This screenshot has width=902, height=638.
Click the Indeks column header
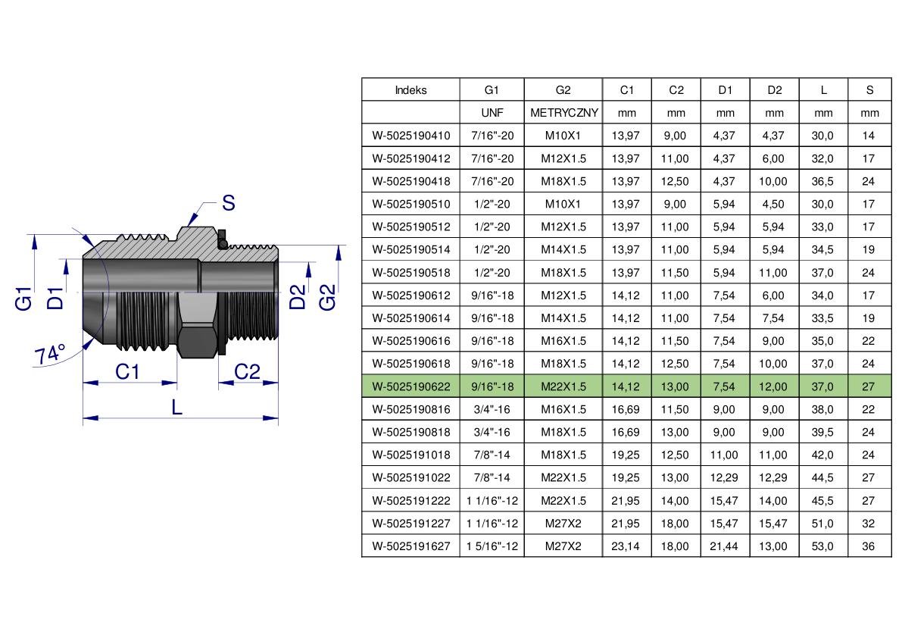pyautogui.click(x=410, y=89)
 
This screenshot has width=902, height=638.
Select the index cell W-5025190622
pyautogui.click(x=410, y=386)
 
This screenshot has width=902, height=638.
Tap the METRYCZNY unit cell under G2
pyautogui.click(x=563, y=113)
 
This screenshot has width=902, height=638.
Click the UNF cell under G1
pyautogui.click(x=492, y=113)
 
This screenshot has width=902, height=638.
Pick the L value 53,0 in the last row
pyautogui.click(x=822, y=546)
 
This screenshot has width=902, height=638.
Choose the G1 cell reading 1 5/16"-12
pyautogui.click(x=492, y=546)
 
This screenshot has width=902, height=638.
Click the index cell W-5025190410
pyautogui.click(x=410, y=136)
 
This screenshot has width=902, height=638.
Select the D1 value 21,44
pyautogui.click(x=724, y=546)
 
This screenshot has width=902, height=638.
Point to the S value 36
pyautogui.click(x=868, y=546)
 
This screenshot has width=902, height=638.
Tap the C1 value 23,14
pyautogui.click(x=626, y=546)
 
